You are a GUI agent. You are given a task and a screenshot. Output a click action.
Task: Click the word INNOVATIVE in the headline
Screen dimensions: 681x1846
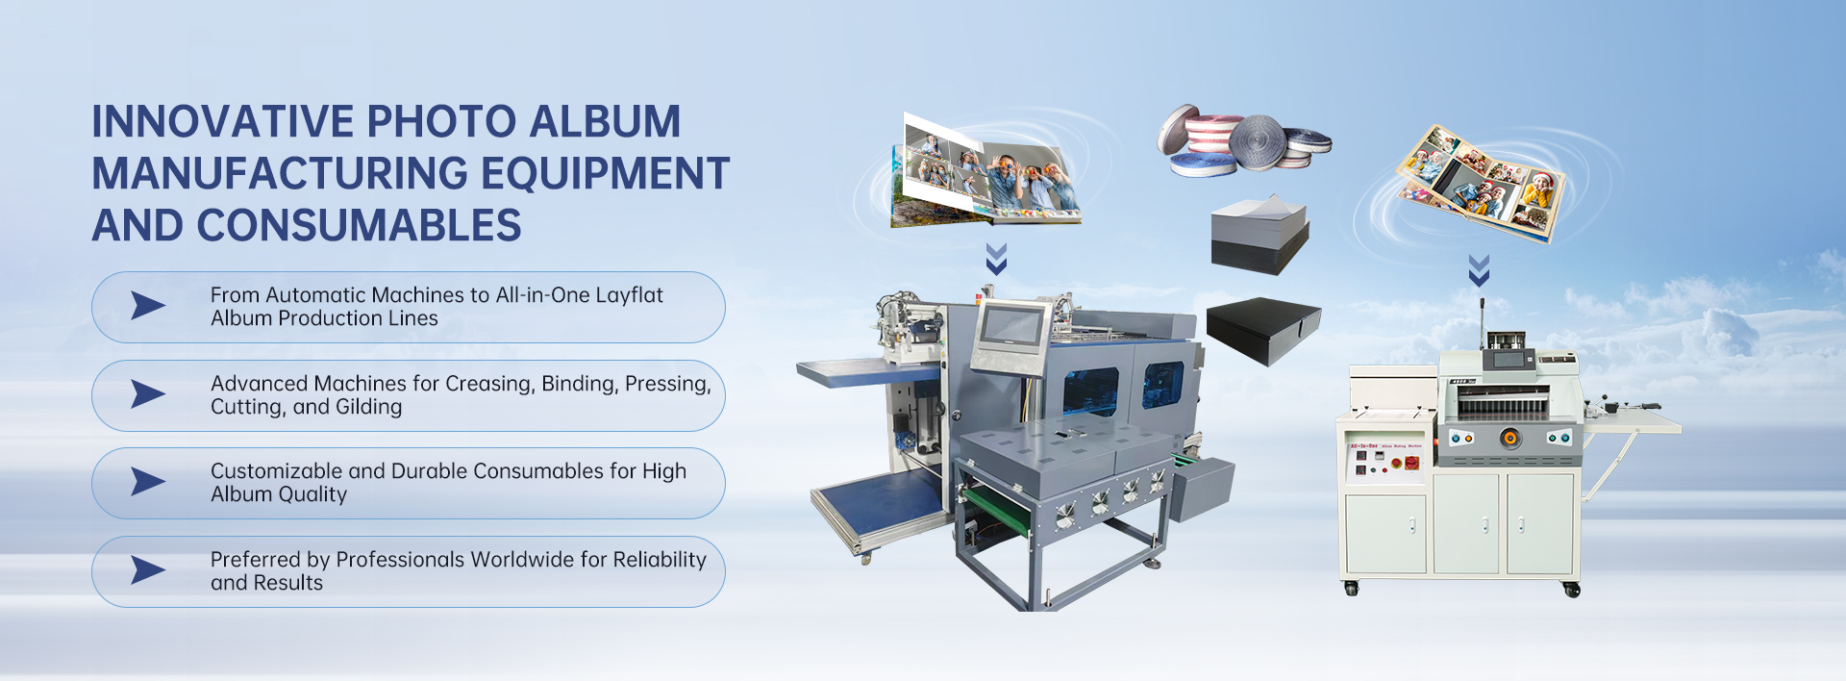click(224, 122)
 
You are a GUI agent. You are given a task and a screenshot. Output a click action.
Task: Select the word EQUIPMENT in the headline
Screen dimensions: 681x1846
click(605, 174)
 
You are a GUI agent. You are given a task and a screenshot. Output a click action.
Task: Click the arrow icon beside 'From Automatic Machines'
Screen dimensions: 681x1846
click(147, 306)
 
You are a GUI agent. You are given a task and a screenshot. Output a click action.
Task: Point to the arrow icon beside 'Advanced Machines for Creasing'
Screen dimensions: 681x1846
click(147, 394)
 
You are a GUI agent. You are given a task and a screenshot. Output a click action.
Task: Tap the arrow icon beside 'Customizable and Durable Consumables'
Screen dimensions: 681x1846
click(147, 482)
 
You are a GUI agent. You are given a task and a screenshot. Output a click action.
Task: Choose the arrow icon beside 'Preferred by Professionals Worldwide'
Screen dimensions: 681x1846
click(147, 570)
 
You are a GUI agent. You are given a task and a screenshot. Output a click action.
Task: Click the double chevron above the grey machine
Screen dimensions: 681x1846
click(996, 259)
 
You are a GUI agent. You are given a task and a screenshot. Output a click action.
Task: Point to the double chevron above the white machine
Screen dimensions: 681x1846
click(1479, 270)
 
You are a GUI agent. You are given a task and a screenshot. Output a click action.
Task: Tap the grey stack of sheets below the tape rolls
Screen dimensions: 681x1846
click(1259, 235)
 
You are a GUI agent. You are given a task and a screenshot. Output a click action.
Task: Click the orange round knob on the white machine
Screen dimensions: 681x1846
click(1510, 439)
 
